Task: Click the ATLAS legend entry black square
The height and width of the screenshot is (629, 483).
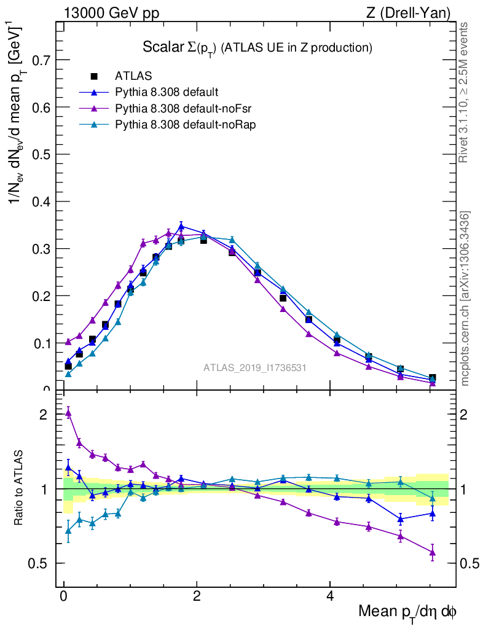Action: (94, 76)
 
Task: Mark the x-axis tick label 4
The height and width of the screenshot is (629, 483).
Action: (330, 596)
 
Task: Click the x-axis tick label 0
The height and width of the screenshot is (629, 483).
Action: (63, 596)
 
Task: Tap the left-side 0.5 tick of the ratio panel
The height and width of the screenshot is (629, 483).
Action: (39, 563)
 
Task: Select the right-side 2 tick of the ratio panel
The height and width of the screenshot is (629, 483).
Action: (468, 415)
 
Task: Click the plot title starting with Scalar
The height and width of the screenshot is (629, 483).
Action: (257, 47)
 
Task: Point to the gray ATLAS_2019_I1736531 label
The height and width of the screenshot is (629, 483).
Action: (255, 368)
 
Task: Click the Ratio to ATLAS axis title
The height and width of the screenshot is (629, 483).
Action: (20, 488)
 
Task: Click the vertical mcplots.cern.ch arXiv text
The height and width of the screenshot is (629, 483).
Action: (465, 299)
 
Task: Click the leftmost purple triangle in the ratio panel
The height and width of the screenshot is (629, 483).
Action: (68, 413)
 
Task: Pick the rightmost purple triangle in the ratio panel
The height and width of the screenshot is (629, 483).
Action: (433, 552)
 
